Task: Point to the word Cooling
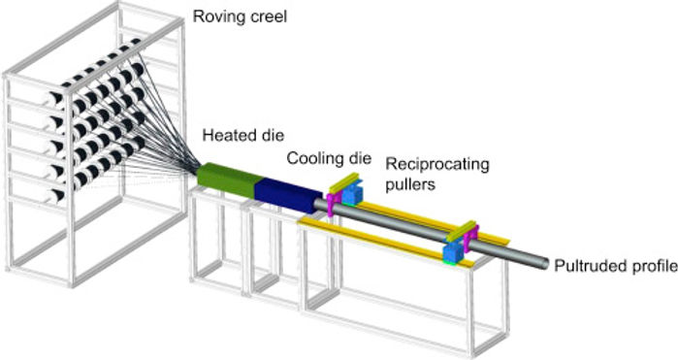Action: click(x=312, y=156)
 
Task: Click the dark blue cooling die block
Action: click(x=286, y=188)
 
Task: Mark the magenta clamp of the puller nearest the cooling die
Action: click(x=334, y=201)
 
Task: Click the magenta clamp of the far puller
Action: click(x=465, y=236)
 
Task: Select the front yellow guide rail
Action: click(x=378, y=242)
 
